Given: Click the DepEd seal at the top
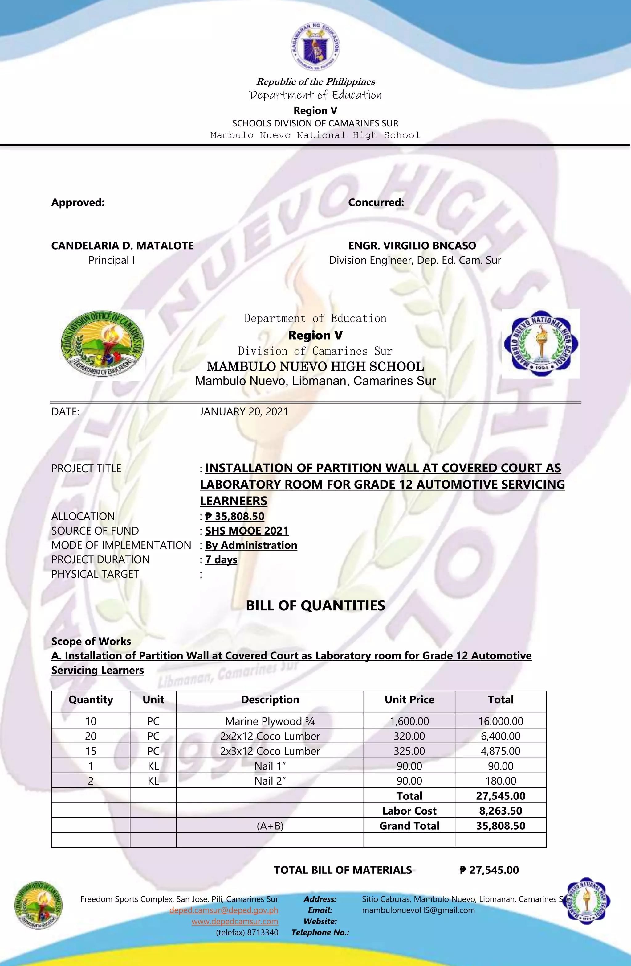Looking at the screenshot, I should tap(315, 47).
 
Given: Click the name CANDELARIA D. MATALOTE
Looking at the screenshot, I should tap(122, 246).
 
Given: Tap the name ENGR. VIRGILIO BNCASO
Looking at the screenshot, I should tap(412, 246).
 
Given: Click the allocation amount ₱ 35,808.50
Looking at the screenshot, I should tap(235, 516).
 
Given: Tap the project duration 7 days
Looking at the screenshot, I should tap(221, 560).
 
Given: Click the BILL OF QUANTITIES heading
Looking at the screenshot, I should tap(315, 605).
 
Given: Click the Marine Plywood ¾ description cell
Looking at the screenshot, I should tap(270, 721).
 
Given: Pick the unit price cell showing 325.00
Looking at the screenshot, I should tap(409, 751).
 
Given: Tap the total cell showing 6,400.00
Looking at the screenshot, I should tap(500, 736).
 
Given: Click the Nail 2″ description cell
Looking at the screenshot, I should tap(270, 781).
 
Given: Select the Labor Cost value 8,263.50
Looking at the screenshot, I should tap(500, 811).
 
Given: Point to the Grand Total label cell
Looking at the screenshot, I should tap(409, 826).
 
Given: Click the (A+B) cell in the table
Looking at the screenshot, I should tap(270, 826).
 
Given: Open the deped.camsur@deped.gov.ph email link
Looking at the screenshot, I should tap(224, 910).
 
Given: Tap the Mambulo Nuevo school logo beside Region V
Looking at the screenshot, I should tap(540, 344).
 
